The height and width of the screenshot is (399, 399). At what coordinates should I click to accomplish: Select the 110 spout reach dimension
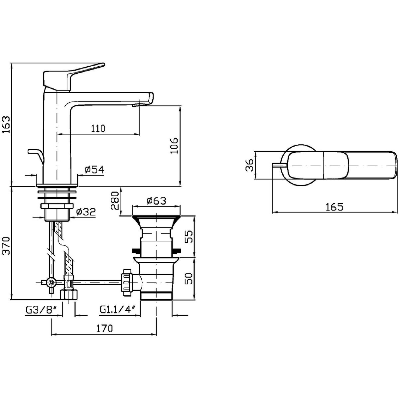coord(98,128)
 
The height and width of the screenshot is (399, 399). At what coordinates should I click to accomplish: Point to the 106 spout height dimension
coord(174,145)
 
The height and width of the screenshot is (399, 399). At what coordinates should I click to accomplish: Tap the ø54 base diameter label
coord(94,170)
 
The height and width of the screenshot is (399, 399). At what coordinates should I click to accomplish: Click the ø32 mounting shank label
coord(86,212)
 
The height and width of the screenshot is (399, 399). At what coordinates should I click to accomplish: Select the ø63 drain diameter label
coord(156,200)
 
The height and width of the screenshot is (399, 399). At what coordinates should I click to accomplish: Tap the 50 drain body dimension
coord(188,279)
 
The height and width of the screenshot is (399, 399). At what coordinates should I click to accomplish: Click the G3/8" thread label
coord(39,310)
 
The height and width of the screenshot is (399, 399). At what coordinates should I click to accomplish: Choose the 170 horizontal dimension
coord(105,329)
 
